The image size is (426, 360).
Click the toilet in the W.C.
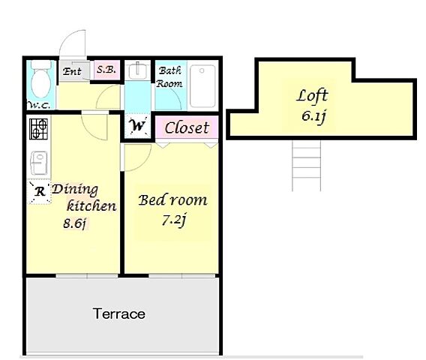click(x=41, y=79)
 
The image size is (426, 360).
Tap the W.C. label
click(x=38, y=105)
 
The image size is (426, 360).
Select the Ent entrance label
click(x=72, y=71)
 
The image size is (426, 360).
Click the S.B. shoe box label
click(x=106, y=70)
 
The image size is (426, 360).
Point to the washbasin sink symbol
click(x=137, y=70)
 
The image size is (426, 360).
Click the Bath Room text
click(x=169, y=77)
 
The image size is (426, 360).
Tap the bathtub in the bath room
click(x=202, y=85)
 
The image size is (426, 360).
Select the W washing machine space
click(x=138, y=126)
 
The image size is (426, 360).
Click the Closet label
click(x=187, y=127)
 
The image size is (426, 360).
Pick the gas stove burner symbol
click(x=38, y=129)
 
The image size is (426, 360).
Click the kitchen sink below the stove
click(x=39, y=163)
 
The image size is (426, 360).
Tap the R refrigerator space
click(x=40, y=191)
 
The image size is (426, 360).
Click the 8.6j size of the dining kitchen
click(x=74, y=224)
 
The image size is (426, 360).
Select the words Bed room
click(x=172, y=200)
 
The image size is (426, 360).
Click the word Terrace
click(x=119, y=313)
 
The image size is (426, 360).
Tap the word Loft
click(x=312, y=96)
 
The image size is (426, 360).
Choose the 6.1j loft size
click(x=313, y=116)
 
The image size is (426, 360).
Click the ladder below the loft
click(x=307, y=166)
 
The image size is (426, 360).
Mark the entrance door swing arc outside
click(x=68, y=37)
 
